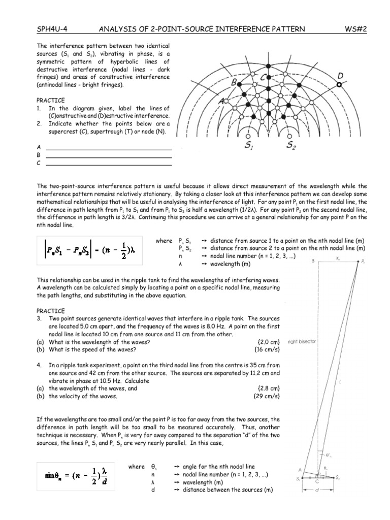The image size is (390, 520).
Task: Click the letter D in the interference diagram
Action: [340, 76]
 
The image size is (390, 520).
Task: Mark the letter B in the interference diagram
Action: [234, 82]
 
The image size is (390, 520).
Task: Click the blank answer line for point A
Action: [109, 149]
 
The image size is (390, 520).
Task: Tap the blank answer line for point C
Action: [109, 165]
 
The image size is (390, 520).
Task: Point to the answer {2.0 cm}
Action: [269, 342]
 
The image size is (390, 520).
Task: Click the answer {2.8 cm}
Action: [269, 388]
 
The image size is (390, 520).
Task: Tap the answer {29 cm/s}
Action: [268, 396]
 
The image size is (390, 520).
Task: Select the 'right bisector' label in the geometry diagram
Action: [302, 342]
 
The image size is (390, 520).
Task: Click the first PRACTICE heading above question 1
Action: [50, 101]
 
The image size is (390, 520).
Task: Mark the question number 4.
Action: [39, 365]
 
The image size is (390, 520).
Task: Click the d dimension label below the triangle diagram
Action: [318, 491]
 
